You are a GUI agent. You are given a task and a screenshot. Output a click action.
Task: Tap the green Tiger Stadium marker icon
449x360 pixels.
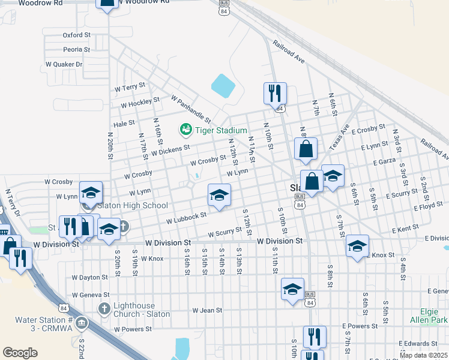point(185,129)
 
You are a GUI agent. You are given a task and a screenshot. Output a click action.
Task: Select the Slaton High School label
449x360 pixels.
point(133,205)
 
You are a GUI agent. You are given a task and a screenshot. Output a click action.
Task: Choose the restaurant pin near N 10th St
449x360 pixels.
point(275,93)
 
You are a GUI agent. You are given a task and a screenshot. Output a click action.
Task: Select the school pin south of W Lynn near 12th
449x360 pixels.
point(219,195)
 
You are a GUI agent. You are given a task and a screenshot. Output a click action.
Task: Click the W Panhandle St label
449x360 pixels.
point(191,108)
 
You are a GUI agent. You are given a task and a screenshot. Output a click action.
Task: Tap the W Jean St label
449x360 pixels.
point(207,310)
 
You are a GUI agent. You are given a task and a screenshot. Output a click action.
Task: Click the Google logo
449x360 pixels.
point(20,353)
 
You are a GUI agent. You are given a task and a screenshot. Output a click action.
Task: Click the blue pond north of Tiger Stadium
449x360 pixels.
point(223,86)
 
